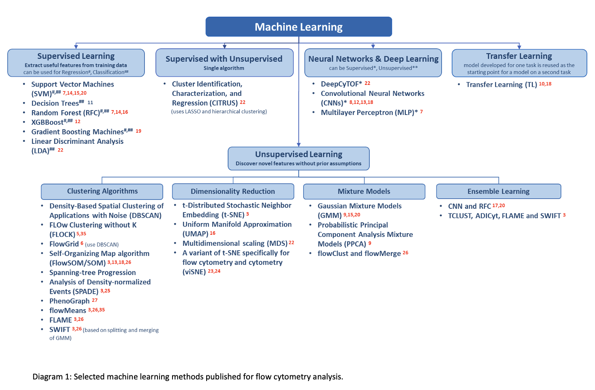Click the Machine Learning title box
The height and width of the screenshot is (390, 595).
(299, 27)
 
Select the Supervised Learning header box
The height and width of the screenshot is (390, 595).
(76, 63)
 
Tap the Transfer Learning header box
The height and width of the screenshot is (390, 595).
(519, 63)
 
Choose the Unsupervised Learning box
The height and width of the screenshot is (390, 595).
(299, 158)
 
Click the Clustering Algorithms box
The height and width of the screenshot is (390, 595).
(102, 191)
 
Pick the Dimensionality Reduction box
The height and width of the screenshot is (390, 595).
(233, 191)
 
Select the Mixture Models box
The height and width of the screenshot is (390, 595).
(364, 191)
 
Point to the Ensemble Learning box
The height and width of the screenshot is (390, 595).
(498, 191)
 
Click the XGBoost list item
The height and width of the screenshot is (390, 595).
(47, 122)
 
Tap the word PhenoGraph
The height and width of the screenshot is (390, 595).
(69, 301)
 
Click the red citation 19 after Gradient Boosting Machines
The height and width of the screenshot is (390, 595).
(138, 131)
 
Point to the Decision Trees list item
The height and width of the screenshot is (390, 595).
(55, 103)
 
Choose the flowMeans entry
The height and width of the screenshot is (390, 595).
(68, 310)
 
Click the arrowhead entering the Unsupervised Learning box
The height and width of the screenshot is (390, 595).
(299, 145)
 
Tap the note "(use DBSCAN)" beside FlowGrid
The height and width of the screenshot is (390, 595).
(102, 245)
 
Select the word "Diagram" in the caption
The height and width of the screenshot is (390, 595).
(47, 377)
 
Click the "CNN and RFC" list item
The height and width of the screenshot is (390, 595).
(469, 206)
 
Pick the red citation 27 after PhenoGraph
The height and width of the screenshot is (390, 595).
(95, 300)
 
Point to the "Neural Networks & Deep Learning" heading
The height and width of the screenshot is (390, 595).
(373, 59)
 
